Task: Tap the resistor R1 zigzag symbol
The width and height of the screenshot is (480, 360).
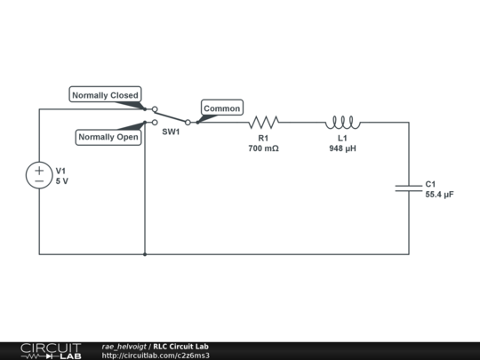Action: pyautogui.click(x=264, y=122)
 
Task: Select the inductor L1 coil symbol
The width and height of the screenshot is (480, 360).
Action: pyautogui.click(x=343, y=122)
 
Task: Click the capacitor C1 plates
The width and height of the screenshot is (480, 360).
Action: pyautogui.click(x=409, y=188)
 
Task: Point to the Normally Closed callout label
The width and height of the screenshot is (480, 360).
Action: pyautogui.click(x=105, y=95)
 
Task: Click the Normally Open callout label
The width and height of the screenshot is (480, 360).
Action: pyautogui.click(x=108, y=137)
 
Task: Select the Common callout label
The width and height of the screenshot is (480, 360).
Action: pyautogui.click(x=222, y=108)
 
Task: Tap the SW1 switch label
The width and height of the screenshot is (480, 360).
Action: pyautogui.click(x=171, y=132)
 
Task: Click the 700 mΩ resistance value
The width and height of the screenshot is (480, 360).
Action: pyautogui.click(x=264, y=148)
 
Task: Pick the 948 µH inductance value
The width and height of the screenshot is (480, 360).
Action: pyautogui.click(x=342, y=148)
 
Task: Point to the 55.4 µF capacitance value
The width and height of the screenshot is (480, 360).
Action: pyautogui.click(x=440, y=195)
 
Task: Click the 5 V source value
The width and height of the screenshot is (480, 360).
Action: pyautogui.click(x=62, y=181)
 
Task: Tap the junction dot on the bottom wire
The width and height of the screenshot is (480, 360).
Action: pyautogui.click(x=145, y=254)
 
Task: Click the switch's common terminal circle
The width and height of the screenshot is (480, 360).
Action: pyautogui.click(x=188, y=123)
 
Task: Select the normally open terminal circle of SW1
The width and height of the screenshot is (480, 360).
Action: pyautogui.click(x=155, y=123)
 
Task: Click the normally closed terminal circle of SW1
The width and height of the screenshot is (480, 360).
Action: pyautogui.click(x=155, y=109)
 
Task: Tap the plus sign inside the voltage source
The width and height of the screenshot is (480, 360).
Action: pyautogui.click(x=39, y=171)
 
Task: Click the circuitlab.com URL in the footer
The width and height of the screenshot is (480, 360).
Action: pyautogui.click(x=156, y=356)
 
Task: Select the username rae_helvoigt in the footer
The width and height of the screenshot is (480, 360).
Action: pyautogui.click(x=124, y=347)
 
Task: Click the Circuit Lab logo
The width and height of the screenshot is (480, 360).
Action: pyautogui.click(x=51, y=351)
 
